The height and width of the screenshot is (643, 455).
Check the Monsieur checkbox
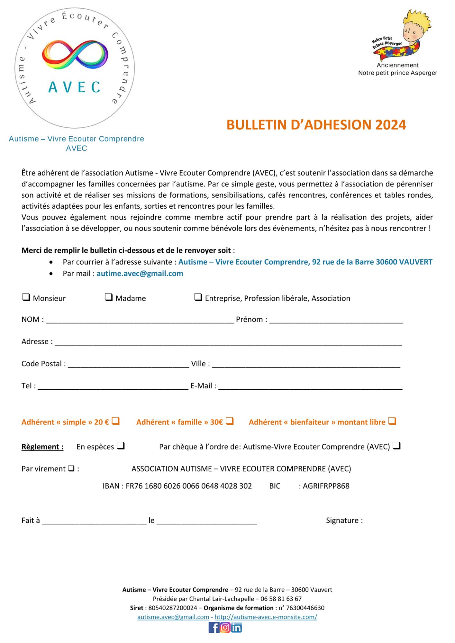pos(26,297)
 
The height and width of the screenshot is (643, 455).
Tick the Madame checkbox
pos(109,297)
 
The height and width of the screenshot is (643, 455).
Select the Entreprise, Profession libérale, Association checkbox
pos(198,297)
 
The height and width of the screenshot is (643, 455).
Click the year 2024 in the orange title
pos(390,125)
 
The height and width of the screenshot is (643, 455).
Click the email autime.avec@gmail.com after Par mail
pos(140,274)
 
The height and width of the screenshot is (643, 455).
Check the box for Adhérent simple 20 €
pos(116,421)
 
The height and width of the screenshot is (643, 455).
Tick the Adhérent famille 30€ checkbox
pos(230,421)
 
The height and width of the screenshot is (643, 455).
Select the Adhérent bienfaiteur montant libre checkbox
pos(392,421)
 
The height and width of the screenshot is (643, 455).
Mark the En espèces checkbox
pos(121,446)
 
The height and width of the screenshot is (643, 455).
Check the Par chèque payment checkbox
pos(397,446)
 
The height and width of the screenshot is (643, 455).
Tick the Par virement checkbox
pos(71,468)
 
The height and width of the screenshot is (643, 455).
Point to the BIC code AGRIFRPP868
pos(326,486)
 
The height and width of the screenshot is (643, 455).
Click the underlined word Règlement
pos(42,447)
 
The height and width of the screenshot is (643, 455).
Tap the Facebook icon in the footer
pos(214,628)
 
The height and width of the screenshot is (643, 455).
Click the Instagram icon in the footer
pos(225,628)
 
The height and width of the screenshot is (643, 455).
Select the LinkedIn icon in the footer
pos(236,628)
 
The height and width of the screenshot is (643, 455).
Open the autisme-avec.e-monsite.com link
pos(266,617)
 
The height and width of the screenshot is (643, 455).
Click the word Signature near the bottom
pos(343,521)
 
